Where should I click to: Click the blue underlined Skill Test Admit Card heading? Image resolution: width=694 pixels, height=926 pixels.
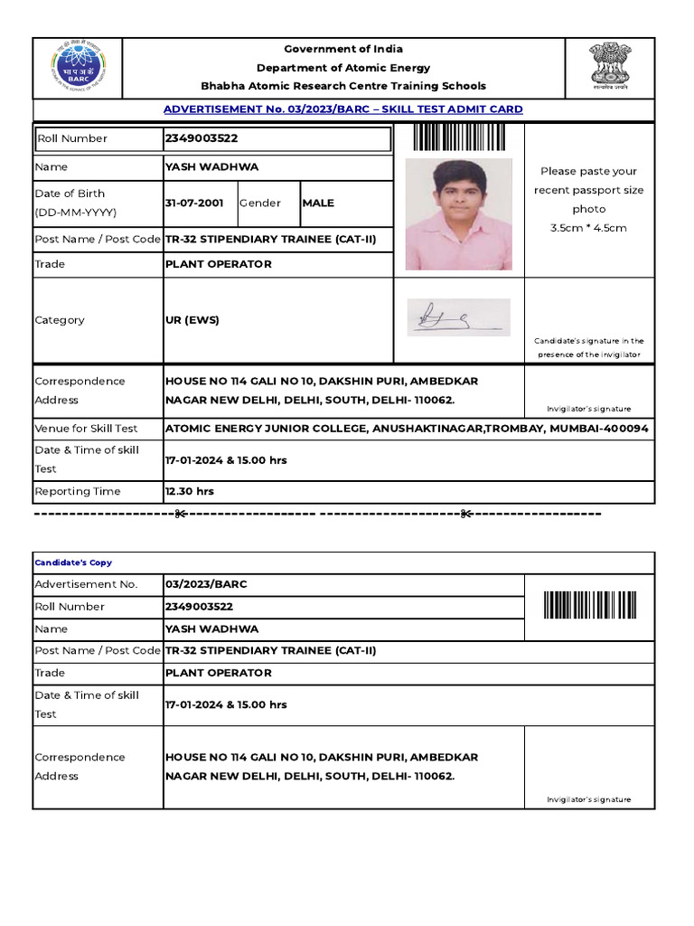click(342, 109)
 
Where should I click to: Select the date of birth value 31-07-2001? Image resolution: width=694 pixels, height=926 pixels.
click(193, 203)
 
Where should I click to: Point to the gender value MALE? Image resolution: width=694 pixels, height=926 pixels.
click(318, 203)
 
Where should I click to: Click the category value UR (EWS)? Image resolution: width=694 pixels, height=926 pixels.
click(192, 320)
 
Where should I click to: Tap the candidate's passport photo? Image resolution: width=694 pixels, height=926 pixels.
click(458, 214)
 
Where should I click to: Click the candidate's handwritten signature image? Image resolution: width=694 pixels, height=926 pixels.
click(457, 317)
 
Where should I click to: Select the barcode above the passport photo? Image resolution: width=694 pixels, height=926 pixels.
click(458, 138)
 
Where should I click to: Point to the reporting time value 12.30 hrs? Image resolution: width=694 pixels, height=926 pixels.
click(190, 492)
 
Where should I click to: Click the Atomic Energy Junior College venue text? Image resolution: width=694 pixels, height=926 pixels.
click(406, 429)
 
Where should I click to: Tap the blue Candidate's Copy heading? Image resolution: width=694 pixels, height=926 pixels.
click(73, 562)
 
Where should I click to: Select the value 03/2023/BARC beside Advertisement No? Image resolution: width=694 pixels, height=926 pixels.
click(205, 584)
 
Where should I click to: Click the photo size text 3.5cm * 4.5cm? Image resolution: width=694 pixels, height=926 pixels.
click(588, 228)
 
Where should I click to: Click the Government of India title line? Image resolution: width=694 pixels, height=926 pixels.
click(343, 49)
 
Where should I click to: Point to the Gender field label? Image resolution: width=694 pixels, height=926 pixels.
click(260, 203)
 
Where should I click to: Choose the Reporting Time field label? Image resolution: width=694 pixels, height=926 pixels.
click(77, 492)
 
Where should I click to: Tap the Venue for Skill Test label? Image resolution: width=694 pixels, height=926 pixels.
click(86, 429)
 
